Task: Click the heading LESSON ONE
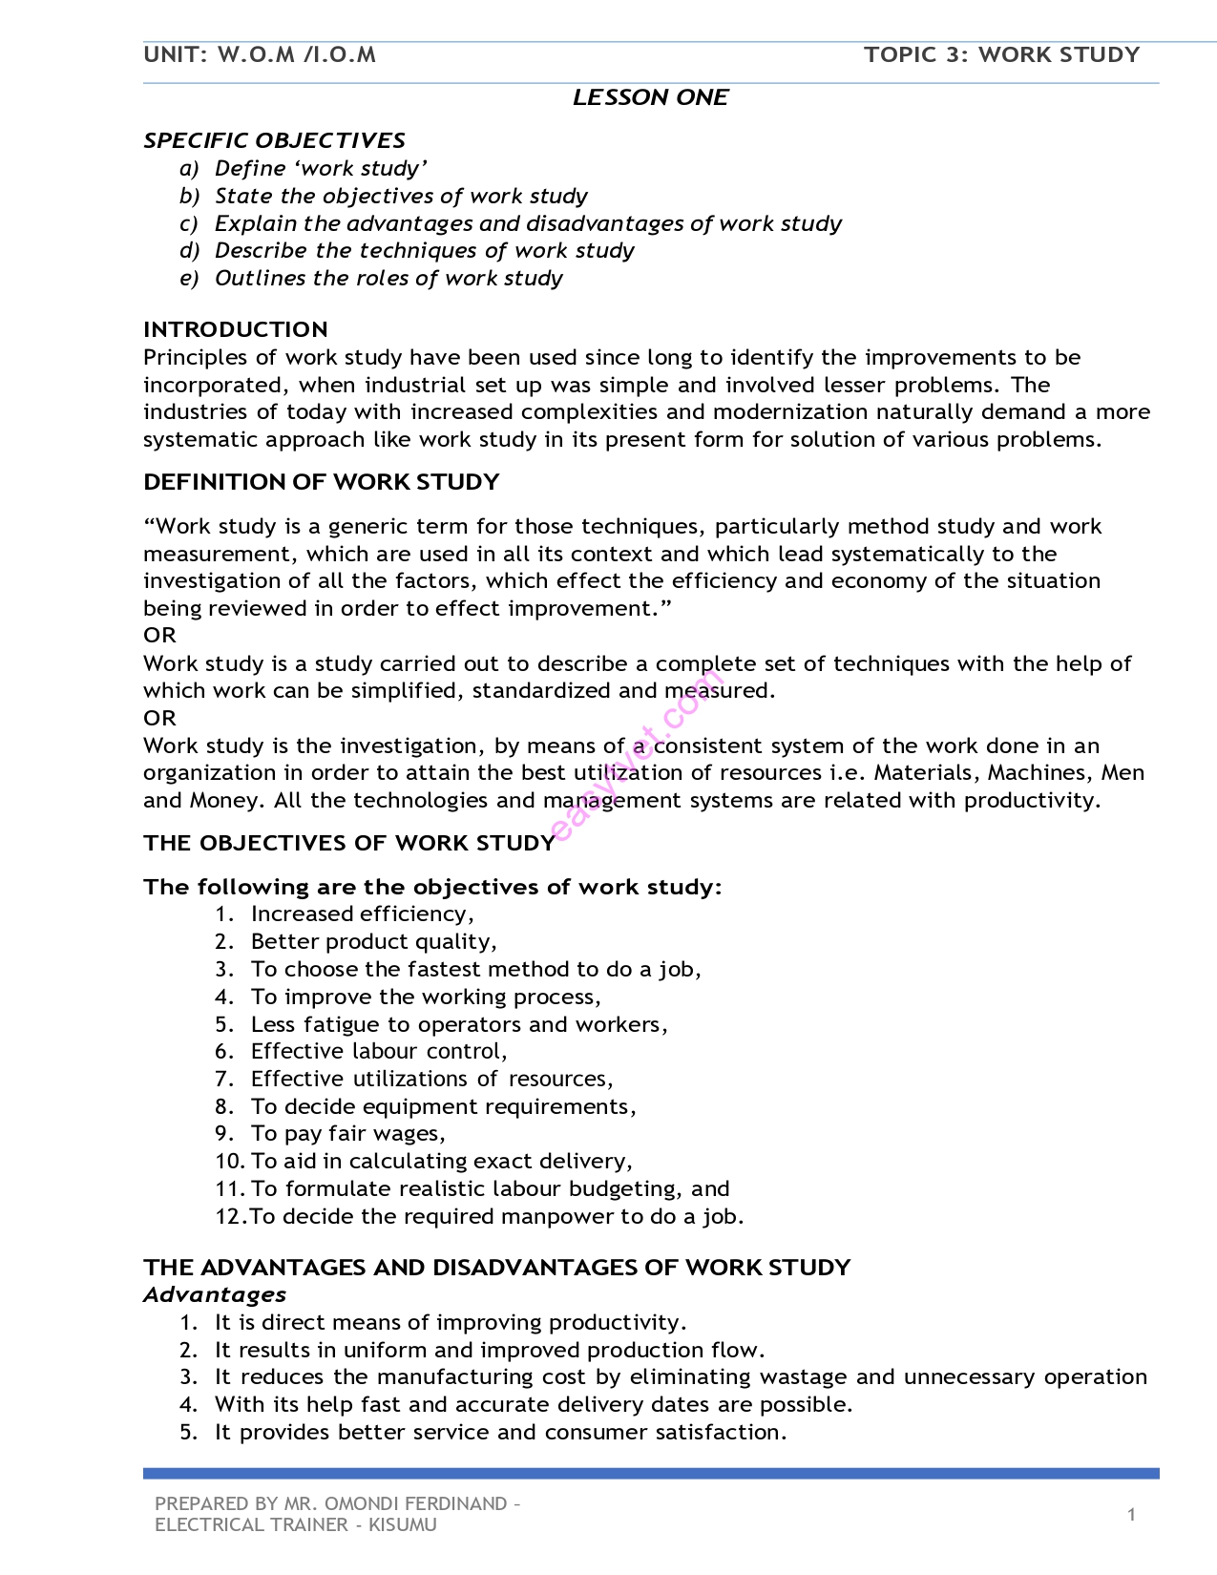[650, 97]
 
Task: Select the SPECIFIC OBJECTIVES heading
[274, 140]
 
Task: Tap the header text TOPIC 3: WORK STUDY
[1001, 54]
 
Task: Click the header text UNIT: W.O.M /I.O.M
[260, 54]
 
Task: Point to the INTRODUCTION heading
[235, 329]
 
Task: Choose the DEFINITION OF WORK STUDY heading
[321, 482]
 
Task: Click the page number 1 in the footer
[1131, 1514]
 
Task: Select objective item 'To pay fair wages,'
[347, 1133]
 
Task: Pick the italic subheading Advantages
[215, 1294]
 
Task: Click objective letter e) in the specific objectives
[189, 278]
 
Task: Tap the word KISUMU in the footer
[402, 1524]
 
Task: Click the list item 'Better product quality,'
[373, 941]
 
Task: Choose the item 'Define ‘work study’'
[321, 168]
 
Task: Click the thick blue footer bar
[650, 1473]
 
